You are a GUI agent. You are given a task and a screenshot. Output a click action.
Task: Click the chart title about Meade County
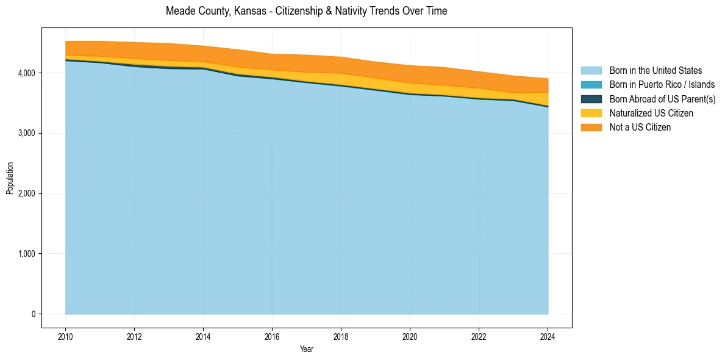[307, 11]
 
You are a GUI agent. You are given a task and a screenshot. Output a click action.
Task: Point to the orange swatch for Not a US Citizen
[591, 127]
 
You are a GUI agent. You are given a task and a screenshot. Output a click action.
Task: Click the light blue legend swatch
[591, 71]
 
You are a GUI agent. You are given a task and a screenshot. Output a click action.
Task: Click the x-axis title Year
[307, 349]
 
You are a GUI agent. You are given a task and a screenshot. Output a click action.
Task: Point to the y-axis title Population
[10, 178]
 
